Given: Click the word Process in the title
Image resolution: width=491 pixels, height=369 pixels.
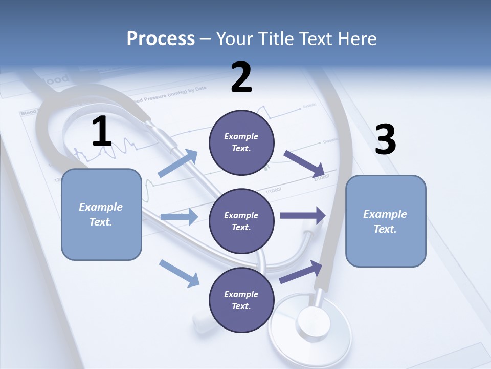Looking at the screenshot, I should (x=161, y=39).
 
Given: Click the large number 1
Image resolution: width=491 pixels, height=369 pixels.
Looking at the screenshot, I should (x=102, y=132).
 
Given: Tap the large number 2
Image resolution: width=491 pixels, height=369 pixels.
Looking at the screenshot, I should (x=241, y=77).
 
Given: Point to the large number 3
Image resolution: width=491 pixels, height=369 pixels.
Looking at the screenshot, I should (x=386, y=139).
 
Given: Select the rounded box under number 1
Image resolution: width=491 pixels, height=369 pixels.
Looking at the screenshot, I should (x=101, y=214).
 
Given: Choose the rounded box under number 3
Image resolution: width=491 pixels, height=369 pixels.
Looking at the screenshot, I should (x=386, y=221).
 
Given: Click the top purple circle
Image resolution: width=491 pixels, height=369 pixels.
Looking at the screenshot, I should (x=241, y=142).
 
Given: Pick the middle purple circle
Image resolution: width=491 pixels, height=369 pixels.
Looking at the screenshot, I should (x=241, y=221).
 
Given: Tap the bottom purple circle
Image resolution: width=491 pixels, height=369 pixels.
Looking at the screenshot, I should (x=241, y=300).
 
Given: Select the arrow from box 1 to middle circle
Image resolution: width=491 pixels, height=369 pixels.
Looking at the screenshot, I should (x=178, y=217).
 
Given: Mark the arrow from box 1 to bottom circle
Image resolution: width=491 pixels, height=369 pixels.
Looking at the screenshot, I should (x=179, y=273).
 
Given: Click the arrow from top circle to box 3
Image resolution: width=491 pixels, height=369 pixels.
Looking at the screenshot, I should (x=304, y=163).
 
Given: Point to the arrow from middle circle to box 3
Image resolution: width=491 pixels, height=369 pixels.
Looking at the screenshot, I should (x=303, y=216).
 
